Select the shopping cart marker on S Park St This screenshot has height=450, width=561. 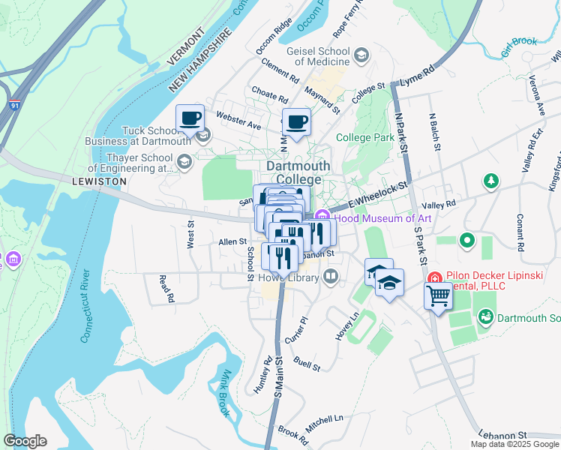coord(439,295)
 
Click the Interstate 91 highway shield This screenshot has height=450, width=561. coord(16,106)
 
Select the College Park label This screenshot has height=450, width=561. coord(365,137)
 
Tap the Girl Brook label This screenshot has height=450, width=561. coord(520,41)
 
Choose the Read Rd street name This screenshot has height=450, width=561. coord(166,288)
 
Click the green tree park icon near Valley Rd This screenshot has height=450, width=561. coord(490,181)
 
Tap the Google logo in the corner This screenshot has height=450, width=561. coord(25,441)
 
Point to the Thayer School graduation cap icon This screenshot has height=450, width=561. coord(184,161)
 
